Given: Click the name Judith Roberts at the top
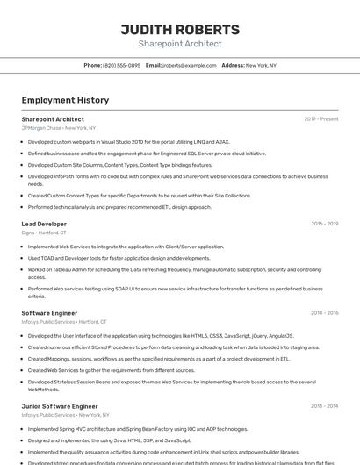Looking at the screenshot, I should pos(180,30).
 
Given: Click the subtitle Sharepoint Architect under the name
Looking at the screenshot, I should pos(180,44).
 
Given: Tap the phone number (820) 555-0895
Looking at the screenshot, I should pos(121,65).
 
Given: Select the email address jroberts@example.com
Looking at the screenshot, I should pos(189,65).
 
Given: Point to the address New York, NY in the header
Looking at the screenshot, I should pos(261,65).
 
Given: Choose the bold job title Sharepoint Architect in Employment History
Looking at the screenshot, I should pos(53,119).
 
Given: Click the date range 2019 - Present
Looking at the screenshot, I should pos(321,119).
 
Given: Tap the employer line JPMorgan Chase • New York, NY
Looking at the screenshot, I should pos(59,128).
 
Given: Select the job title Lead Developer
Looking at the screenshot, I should pos(44,224).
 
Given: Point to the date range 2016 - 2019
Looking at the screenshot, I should pos(325,224).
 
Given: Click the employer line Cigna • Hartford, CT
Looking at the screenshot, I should pos(43,232).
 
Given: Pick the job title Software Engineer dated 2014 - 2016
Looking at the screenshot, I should pos(49,313).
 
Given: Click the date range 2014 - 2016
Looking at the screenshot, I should pos(325,313).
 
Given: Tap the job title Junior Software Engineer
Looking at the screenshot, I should pos(60,406).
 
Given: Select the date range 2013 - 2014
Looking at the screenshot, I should pos(325,406).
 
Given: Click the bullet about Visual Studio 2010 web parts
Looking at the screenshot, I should pos(129,141).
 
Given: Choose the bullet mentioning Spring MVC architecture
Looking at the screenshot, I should pos(138,429).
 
